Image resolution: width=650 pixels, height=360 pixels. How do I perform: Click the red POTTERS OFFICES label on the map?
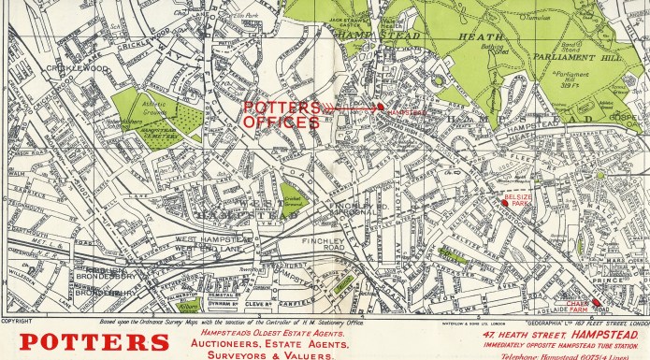tap(282, 113)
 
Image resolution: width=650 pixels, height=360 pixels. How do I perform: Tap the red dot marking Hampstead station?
tap(381, 108)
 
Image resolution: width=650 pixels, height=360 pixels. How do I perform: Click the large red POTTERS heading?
tap(79, 342)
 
